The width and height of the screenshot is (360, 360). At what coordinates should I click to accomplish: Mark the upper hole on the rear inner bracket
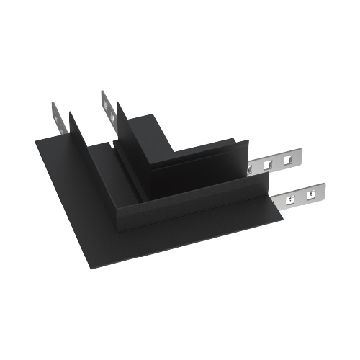[107, 102]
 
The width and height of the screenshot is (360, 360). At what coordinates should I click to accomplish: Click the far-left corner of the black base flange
[36, 142]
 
